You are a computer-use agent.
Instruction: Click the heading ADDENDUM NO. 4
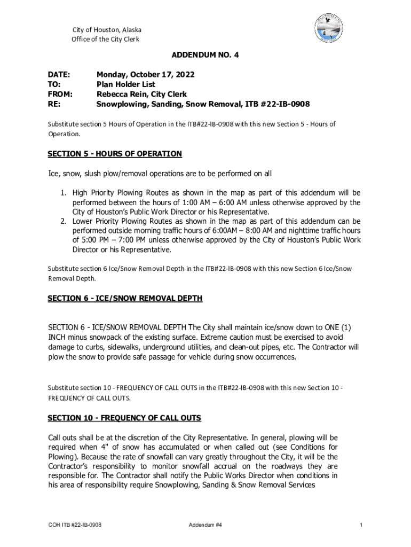click(205, 55)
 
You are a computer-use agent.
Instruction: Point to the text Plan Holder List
click(126, 84)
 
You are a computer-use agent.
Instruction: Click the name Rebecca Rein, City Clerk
click(141, 94)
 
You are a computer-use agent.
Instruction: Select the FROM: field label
click(60, 94)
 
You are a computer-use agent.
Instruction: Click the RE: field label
click(54, 104)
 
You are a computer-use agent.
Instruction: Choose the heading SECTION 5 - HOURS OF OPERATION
click(115, 154)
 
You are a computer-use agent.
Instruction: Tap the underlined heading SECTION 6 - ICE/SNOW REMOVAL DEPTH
click(125, 298)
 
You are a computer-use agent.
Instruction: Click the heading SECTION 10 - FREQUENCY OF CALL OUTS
click(124, 417)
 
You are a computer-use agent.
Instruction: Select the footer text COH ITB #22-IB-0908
click(75, 525)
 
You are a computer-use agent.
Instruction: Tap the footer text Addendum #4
click(205, 525)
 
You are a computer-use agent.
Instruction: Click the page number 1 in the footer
click(361, 525)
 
